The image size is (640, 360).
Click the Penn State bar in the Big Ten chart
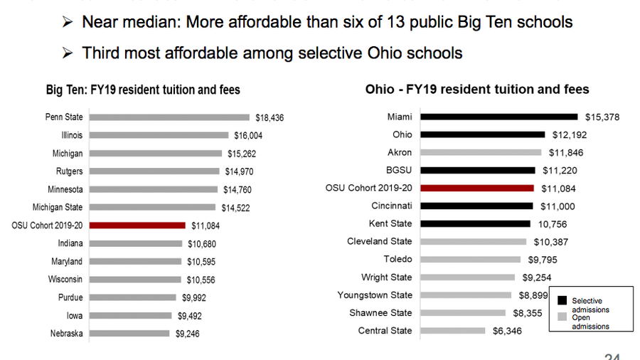[171, 117]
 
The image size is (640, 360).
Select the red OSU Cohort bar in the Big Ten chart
[138, 226]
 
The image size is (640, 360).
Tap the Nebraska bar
[130, 333]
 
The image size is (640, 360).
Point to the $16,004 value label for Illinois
[250, 135]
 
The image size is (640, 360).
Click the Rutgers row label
[69, 171]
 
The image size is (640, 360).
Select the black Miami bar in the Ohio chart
[498, 117]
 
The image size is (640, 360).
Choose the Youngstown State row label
[374, 295]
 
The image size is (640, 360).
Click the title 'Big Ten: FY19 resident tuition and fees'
[143, 90]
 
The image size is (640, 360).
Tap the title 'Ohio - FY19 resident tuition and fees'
[477, 89]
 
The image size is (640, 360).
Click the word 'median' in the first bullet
[150, 22]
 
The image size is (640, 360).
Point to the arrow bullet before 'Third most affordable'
[68, 53]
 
